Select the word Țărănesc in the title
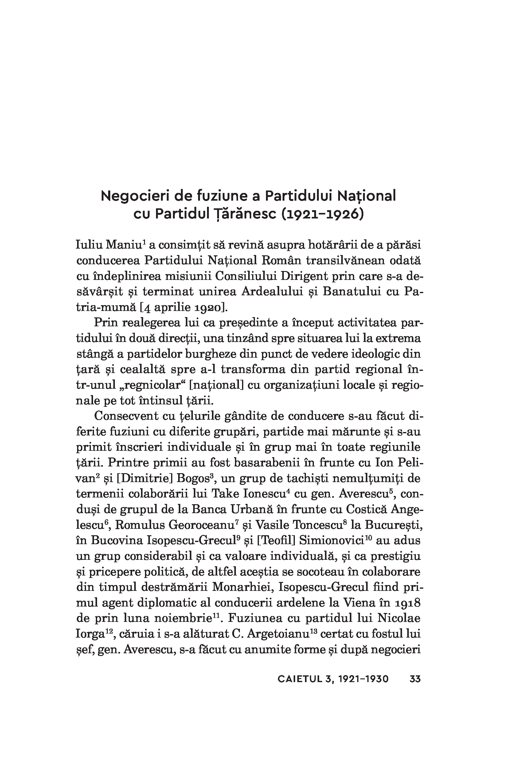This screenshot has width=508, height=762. pyautogui.click(x=244, y=214)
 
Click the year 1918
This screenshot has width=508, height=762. pyautogui.click(x=408, y=603)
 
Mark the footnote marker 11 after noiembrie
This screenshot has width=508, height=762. pyautogui.click(x=217, y=615)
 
